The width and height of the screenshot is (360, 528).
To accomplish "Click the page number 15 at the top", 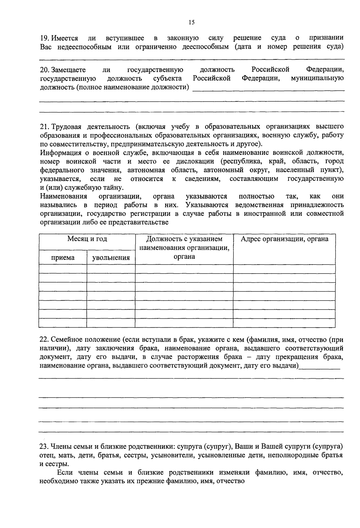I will click(x=192, y=22).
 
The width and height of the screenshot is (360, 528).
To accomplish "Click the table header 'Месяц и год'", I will click(x=87, y=239).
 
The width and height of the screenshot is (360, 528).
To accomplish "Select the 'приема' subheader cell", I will click(x=63, y=257).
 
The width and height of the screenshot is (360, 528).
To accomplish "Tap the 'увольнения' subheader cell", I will click(x=111, y=257).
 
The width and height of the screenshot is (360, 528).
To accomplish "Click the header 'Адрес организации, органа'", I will click(x=284, y=239).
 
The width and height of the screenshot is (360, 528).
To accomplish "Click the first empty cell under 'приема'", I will click(x=63, y=269).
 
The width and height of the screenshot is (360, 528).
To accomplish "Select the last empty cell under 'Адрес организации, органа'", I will click(x=284, y=323).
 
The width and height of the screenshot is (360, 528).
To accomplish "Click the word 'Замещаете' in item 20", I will click(x=68, y=70).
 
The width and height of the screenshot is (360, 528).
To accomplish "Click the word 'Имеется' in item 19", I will click(x=64, y=38).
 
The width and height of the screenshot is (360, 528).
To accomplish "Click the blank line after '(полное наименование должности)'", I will click(x=268, y=88).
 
